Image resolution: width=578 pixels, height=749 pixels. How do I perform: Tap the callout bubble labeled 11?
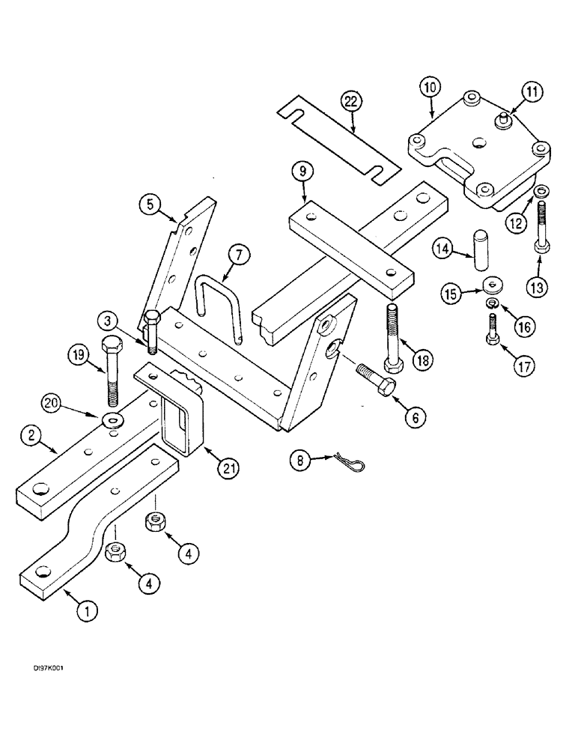(x=531, y=93)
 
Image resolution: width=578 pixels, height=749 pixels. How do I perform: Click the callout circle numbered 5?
(x=150, y=202)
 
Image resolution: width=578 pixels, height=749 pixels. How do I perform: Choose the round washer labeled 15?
(x=493, y=284)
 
